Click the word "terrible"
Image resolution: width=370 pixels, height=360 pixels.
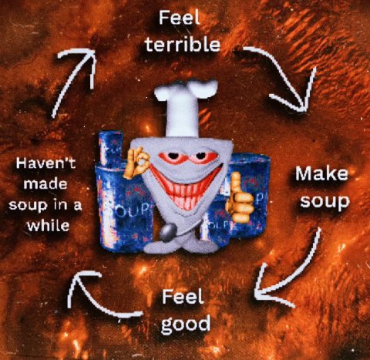pos(183,45)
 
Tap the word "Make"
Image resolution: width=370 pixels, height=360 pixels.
pos(321,173)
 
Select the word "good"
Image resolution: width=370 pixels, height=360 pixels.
pos(186,325)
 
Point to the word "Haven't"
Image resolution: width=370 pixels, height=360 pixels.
pos(45,163)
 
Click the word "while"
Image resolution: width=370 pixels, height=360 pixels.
pos(49,225)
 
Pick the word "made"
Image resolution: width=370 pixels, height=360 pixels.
pos(45,183)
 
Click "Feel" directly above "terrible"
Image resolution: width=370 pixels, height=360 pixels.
pos(180,18)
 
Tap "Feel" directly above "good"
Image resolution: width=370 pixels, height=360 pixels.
pos(183,296)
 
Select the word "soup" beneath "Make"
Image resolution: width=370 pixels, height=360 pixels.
pos(325,202)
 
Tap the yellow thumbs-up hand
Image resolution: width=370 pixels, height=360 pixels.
pos(240,199)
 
